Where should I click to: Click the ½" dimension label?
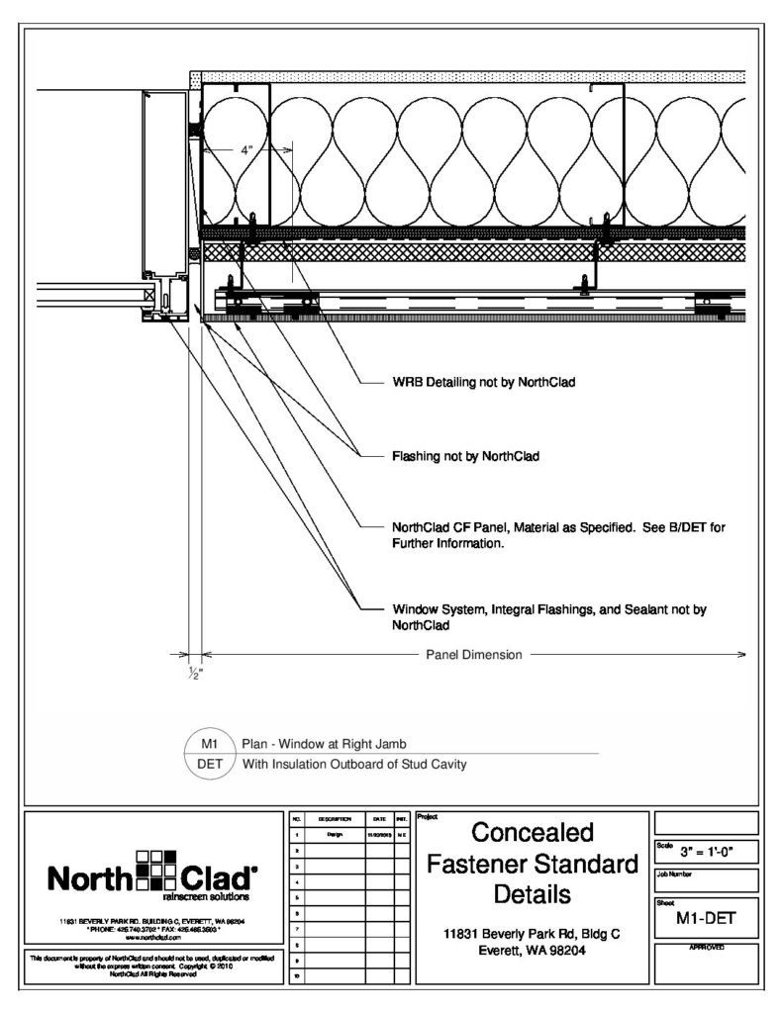[194, 672]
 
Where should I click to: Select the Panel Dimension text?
[474, 654]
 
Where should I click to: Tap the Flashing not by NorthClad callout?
[465, 457]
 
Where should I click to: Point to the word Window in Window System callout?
[415, 610]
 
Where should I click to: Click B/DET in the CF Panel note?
[682, 527]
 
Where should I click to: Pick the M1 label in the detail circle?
[209, 743]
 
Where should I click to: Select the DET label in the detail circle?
[209, 763]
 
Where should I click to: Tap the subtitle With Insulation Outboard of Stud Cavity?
[353, 763]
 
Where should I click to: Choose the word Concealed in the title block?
[532, 831]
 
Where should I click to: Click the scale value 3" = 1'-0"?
[706, 851]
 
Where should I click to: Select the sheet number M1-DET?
[706, 920]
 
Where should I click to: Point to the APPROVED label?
[706, 948]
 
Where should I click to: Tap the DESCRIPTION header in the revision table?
[330, 820]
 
